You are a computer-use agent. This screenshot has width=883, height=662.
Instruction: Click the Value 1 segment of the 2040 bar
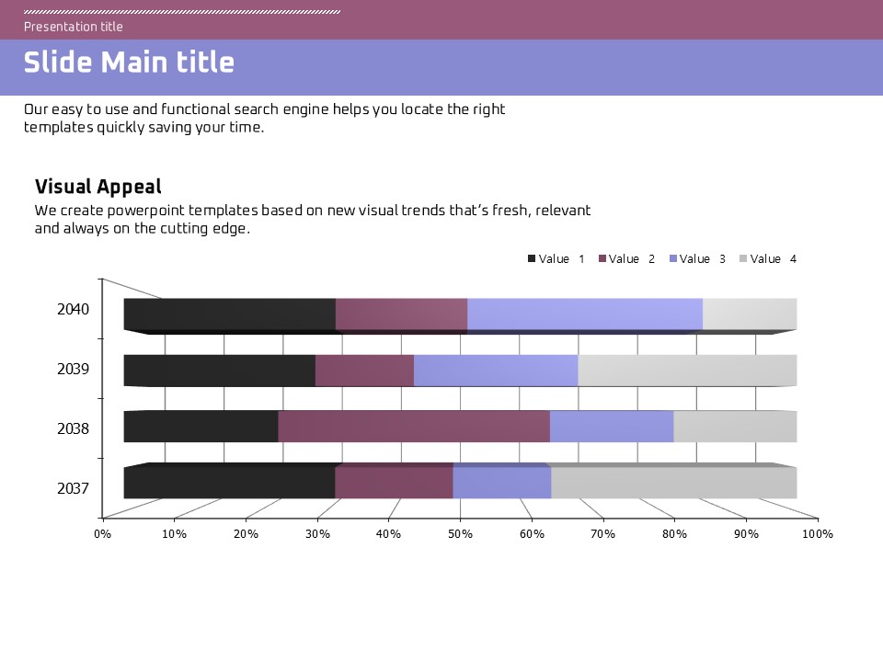[230, 314]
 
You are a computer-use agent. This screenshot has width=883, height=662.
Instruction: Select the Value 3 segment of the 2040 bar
[585, 314]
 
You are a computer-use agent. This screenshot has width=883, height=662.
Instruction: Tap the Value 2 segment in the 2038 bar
[414, 427]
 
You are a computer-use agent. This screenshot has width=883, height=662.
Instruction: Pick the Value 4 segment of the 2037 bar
[673, 483]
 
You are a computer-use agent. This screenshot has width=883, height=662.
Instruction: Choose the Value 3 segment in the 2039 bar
[496, 370]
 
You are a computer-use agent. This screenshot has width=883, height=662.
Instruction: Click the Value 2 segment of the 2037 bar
[394, 483]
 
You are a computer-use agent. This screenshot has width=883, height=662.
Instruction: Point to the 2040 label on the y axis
[74, 310]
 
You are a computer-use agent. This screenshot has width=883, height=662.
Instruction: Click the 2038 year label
[74, 428]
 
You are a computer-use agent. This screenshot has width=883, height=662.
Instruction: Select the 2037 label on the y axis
[74, 488]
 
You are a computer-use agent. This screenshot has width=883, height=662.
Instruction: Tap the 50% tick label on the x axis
[460, 534]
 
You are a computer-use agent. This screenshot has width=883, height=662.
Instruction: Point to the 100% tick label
[817, 534]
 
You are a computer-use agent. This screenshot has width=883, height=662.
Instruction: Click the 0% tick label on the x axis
[102, 534]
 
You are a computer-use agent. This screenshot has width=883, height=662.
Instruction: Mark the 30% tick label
[316, 534]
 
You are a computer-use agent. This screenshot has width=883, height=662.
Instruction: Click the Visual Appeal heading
[98, 187]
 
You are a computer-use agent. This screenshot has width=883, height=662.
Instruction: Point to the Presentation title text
[74, 27]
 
